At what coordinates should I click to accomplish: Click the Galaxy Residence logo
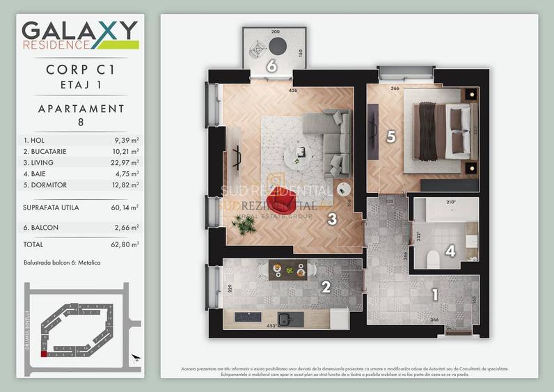79,35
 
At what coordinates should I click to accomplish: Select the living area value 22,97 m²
125,162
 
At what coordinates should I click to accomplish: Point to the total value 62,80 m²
125,244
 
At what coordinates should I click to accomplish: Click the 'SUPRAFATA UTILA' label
51,207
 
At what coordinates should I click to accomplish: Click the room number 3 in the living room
333,219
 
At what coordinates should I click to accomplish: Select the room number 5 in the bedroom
390,137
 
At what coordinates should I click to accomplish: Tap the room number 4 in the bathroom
450,251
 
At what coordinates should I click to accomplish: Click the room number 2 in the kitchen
324,285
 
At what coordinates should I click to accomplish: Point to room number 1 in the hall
435,295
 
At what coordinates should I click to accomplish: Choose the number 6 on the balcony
272,66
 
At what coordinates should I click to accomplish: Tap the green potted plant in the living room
244,224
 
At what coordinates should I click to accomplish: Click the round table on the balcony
278,47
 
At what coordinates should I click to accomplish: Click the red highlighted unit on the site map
44,354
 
